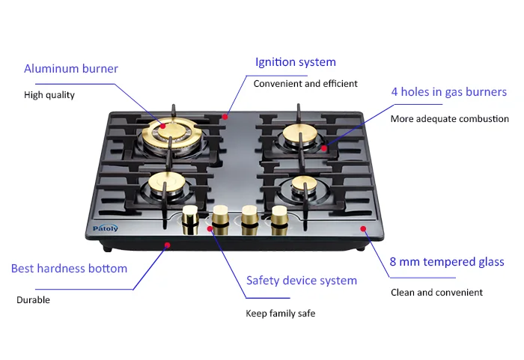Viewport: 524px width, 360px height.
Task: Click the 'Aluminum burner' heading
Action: pos(71,69)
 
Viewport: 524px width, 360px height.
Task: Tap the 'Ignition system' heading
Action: pos(296,62)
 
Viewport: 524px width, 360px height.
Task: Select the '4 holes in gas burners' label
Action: pos(448,92)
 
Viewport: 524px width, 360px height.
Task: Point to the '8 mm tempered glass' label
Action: pos(447,262)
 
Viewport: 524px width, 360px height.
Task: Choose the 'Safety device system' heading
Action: pos(302,281)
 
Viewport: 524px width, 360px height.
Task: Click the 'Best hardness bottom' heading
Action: pos(69,268)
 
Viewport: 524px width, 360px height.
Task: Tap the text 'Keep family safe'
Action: pos(281,313)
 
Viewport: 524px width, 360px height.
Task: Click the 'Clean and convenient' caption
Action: pos(436,293)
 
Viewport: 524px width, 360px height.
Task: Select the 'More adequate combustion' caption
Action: pos(449,119)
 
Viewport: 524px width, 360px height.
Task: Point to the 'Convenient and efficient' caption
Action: pos(305,84)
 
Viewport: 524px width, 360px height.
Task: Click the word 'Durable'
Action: pos(33,300)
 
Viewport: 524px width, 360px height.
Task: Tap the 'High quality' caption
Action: pos(49,95)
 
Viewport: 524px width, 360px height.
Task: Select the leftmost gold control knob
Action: pos(190,218)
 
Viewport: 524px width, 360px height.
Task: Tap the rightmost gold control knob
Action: pos(279,217)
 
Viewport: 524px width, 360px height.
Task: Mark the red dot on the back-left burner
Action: pos(162,128)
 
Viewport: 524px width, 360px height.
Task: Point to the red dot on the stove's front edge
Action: pos(167,245)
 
